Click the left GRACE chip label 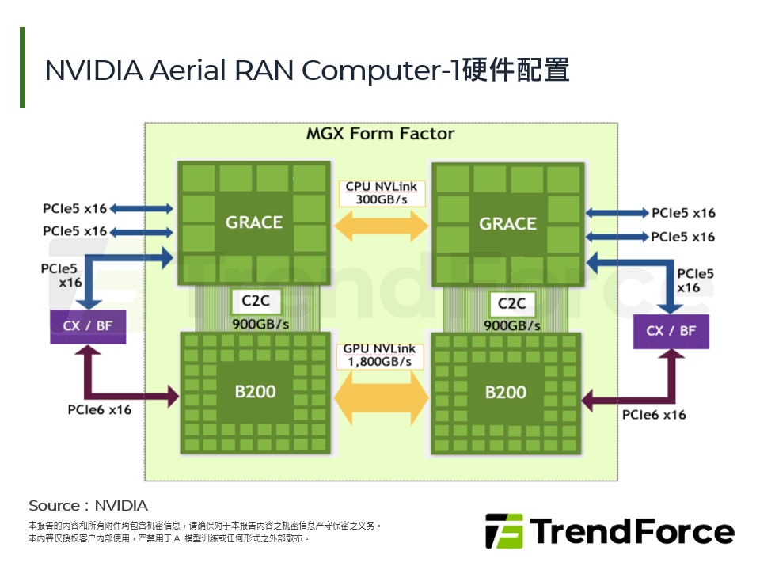click(x=253, y=222)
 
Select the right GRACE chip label click(x=507, y=224)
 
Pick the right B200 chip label click(x=505, y=392)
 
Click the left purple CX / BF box click(x=87, y=326)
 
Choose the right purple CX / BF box click(x=671, y=331)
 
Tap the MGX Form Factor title click(x=380, y=134)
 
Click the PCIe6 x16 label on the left click(x=99, y=409)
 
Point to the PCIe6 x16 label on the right click(x=654, y=414)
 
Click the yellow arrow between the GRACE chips click(x=382, y=227)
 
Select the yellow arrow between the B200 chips click(x=382, y=390)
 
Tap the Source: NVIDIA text click(x=88, y=506)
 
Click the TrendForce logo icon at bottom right click(x=503, y=531)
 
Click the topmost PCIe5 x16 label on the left click(x=74, y=209)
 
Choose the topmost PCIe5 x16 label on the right click(x=683, y=213)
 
